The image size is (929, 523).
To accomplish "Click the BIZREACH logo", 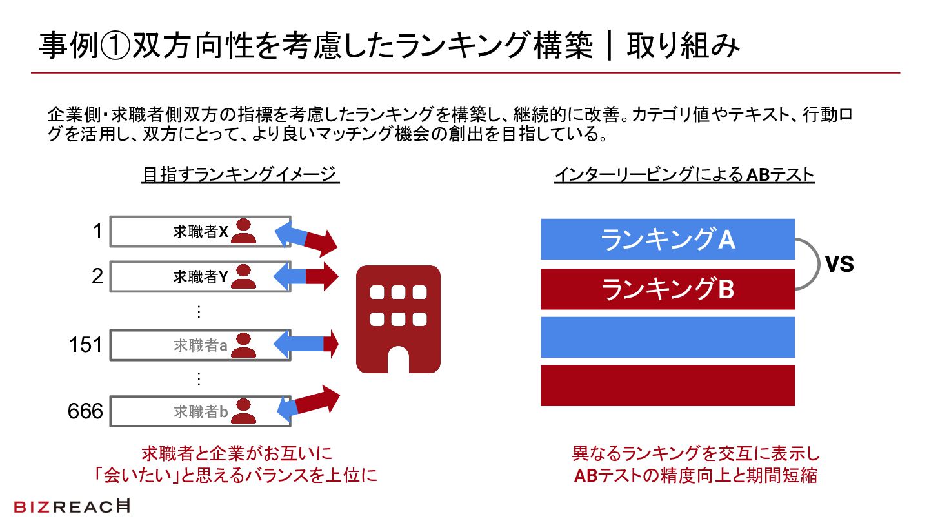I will click(72, 506).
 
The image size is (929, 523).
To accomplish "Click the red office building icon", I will click(398, 319).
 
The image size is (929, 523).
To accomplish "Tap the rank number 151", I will click(86, 345).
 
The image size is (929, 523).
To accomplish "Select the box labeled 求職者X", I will click(200, 232).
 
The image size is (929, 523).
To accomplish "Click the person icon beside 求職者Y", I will click(244, 276).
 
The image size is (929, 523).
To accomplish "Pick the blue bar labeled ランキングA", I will click(667, 240).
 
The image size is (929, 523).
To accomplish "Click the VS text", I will click(839, 264).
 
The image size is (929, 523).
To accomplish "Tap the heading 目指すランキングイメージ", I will click(240, 175).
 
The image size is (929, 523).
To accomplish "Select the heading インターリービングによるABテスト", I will click(684, 175).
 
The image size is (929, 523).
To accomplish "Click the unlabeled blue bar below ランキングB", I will click(667, 337).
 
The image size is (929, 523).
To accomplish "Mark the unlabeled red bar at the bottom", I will click(667, 385).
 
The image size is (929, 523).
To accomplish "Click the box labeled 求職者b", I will click(200, 411).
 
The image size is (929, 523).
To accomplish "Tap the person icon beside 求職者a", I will click(244, 345).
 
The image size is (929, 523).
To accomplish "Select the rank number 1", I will click(97, 231).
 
